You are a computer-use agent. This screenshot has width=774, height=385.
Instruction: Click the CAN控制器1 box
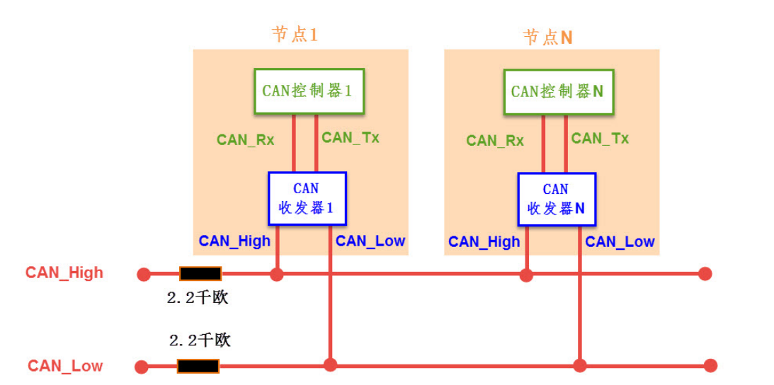click(308, 91)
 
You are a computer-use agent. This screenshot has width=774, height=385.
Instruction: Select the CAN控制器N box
click(558, 91)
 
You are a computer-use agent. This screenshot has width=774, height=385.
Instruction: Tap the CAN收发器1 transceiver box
click(307, 199)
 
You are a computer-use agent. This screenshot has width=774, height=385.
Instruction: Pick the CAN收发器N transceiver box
click(557, 200)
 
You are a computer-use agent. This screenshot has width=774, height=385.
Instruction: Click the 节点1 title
click(295, 35)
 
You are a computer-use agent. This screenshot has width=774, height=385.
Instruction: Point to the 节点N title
click(547, 37)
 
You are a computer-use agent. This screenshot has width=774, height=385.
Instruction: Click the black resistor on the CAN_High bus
click(200, 274)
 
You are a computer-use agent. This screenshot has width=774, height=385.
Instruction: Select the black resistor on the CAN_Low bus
click(198, 366)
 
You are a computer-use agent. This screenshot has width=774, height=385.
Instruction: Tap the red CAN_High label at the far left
click(64, 273)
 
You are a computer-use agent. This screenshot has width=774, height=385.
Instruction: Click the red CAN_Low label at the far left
click(65, 366)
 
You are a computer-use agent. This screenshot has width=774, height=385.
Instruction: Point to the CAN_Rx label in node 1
click(245, 139)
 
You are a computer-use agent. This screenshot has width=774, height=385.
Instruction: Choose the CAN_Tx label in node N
click(600, 138)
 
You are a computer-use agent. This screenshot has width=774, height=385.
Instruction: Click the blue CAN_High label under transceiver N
click(484, 242)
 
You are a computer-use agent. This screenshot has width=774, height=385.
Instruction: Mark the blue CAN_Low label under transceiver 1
click(370, 241)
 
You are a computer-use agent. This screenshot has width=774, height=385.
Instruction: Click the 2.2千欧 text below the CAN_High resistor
click(198, 298)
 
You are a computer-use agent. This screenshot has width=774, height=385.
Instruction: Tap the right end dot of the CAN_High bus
click(704, 274)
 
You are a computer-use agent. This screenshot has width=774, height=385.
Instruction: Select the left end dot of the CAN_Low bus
click(142, 367)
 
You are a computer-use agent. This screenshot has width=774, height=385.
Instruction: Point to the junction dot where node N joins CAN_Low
click(580, 365)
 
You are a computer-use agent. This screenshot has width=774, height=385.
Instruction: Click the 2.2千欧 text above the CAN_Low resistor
click(200, 340)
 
